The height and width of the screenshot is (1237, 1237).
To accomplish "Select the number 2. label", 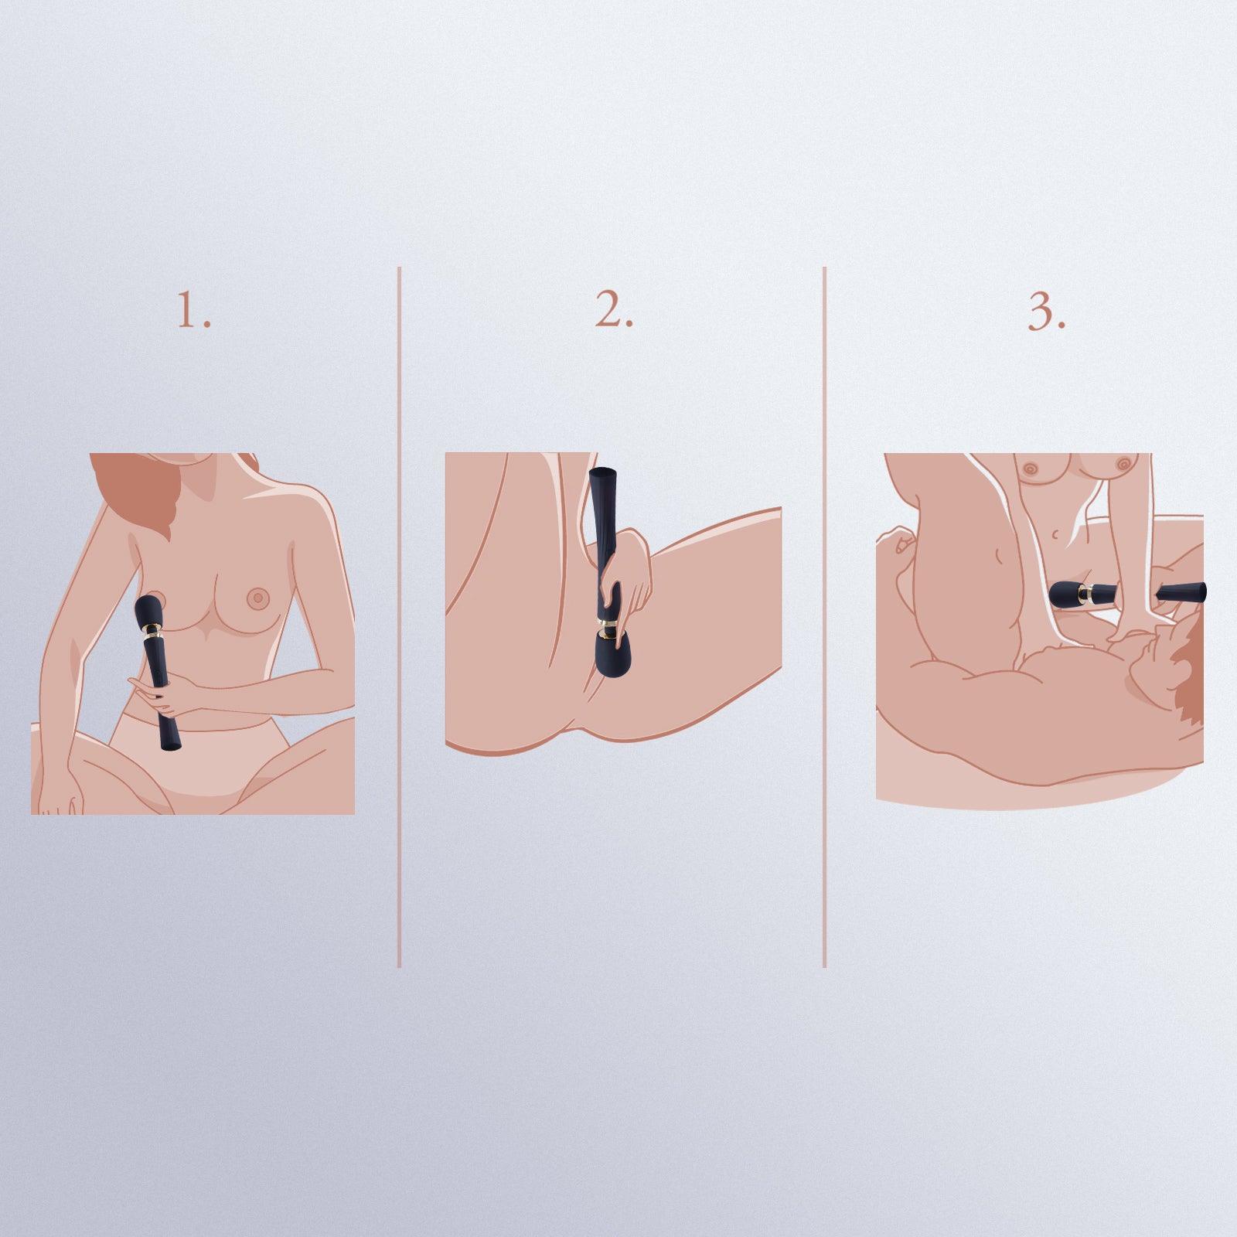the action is pyautogui.click(x=614, y=312).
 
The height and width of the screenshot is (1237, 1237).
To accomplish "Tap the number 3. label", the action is pyautogui.click(x=1047, y=312).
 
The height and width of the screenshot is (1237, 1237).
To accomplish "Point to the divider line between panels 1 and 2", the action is pyautogui.click(x=399, y=617).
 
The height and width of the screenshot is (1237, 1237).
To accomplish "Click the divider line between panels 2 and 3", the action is pyautogui.click(x=824, y=617).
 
